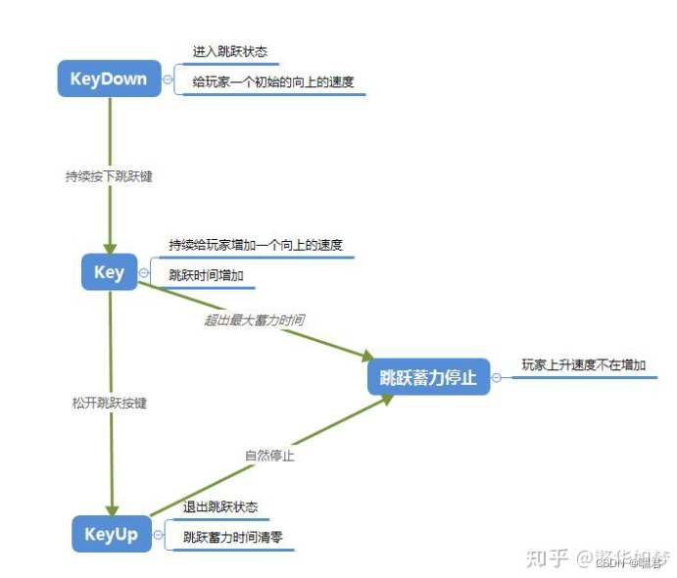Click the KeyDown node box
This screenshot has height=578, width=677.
click(109, 79)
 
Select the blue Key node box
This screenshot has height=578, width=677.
click(109, 272)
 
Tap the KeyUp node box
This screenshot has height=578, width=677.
click(112, 534)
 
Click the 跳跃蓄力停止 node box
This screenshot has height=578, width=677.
click(428, 377)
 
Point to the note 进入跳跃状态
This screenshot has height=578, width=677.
click(229, 51)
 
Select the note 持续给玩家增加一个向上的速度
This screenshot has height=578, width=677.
click(256, 245)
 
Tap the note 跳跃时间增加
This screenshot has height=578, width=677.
click(206, 275)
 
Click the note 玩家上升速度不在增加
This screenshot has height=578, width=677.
click(584, 364)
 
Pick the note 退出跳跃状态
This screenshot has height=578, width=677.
click(220, 506)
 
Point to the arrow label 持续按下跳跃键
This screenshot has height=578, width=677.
click(109, 176)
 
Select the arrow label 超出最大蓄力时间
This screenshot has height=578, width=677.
click(254, 320)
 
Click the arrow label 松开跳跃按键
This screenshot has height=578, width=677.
click(109, 403)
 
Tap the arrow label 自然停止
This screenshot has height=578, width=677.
click(269, 456)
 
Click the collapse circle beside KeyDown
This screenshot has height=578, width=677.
click(168, 79)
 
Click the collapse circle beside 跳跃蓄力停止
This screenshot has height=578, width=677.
click(497, 377)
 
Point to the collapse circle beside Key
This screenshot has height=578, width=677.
click(144, 273)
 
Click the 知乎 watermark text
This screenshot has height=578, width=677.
click(548, 557)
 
